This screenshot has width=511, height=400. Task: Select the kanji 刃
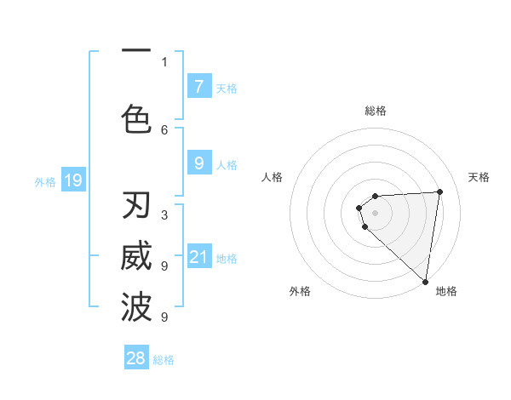click(x=136, y=206)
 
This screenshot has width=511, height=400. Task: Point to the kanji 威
click(x=136, y=257)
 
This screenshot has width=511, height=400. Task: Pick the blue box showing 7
click(x=198, y=87)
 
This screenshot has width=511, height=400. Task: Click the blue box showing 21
click(x=198, y=257)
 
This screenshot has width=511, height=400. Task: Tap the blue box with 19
click(x=73, y=180)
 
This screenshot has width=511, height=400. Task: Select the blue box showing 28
click(x=136, y=358)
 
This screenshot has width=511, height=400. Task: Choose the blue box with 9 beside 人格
click(x=198, y=163)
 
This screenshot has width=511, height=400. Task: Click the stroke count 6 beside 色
click(x=164, y=129)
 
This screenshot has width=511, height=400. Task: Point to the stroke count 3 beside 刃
click(x=164, y=215)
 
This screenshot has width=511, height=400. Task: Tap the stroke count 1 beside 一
click(x=164, y=61)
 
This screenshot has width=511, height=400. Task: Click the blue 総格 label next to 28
click(x=164, y=360)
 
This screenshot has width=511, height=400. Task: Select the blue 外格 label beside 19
click(x=44, y=181)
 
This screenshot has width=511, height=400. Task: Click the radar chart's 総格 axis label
click(x=375, y=111)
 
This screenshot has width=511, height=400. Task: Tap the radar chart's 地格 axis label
click(x=446, y=291)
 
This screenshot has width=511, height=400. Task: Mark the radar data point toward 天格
click(x=439, y=191)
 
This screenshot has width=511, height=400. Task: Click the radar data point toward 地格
click(x=426, y=281)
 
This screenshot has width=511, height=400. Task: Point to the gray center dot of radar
click(x=375, y=212)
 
